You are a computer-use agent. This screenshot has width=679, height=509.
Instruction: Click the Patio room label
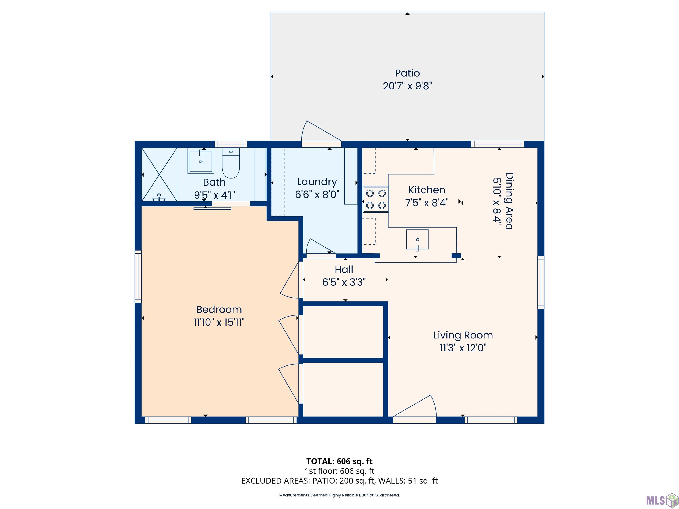407,73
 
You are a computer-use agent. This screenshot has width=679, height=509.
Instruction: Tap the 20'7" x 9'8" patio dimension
407,86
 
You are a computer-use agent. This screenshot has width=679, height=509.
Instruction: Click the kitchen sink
417,239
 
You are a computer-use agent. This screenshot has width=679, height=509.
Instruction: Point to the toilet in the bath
231,163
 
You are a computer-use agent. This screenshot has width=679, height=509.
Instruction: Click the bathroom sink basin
201,161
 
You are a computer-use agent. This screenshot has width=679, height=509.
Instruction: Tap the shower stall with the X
159,175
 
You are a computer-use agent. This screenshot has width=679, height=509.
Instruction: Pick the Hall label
344,269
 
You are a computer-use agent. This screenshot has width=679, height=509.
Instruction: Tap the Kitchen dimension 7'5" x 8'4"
427,203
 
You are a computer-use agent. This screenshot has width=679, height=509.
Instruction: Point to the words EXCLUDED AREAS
275,481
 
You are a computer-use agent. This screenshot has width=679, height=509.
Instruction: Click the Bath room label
214,182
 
